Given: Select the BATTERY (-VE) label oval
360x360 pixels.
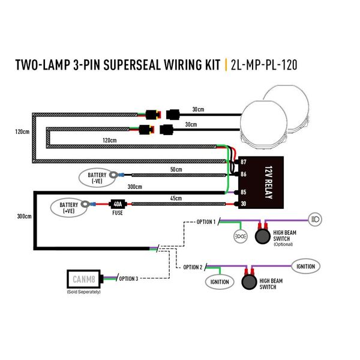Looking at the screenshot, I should (93, 176).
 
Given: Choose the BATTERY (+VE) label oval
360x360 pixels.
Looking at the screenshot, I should (68, 208).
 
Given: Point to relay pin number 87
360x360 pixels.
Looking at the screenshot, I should (243, 163).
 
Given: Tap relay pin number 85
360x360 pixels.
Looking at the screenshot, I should (243, 192).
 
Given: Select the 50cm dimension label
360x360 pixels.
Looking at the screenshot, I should (175, 170).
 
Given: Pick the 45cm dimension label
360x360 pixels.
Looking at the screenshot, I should (175, 199).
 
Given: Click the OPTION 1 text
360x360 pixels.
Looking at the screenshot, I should (205, 221).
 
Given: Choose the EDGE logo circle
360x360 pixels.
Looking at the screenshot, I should (239, 236).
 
